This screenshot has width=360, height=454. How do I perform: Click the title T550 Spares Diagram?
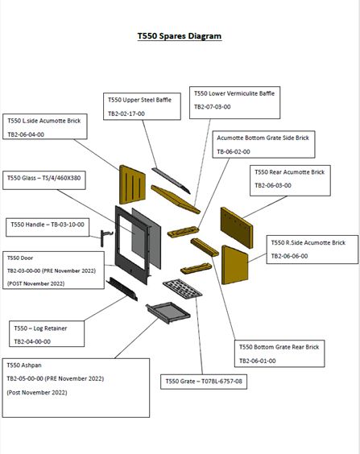(x=180, y=36)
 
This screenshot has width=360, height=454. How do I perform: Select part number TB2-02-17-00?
(x=126, y=113)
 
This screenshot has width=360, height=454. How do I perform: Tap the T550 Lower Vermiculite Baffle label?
(x=234, y=93)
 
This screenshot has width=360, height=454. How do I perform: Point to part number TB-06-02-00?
(x=234, y=151)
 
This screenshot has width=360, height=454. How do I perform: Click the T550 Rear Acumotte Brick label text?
(x=290, y=172)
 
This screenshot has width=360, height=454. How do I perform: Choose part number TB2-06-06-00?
(x=289, y=256)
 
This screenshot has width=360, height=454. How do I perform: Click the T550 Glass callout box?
(x=44, y=180)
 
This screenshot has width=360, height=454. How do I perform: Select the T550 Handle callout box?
(x=48, y=227)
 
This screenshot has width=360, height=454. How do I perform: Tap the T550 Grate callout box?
(x=204, y=382)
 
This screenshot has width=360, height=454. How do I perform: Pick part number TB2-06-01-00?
(x=257, y=361)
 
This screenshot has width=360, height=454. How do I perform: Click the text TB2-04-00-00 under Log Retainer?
(x=32, y=341)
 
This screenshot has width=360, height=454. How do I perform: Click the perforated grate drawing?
(x=183, y=288)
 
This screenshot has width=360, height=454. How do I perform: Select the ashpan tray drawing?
(x=168, y=312)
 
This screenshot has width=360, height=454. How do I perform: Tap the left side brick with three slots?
(x=132, y=184)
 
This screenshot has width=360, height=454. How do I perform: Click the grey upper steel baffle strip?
(x=171, y=180)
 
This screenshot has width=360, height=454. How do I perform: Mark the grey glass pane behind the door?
(x=147, y=238)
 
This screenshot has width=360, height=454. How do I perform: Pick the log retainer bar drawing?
(x=122, y=289)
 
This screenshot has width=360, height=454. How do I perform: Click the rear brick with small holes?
(x=237, y=228)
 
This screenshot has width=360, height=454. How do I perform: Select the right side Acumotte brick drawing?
(x=235, y=265)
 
